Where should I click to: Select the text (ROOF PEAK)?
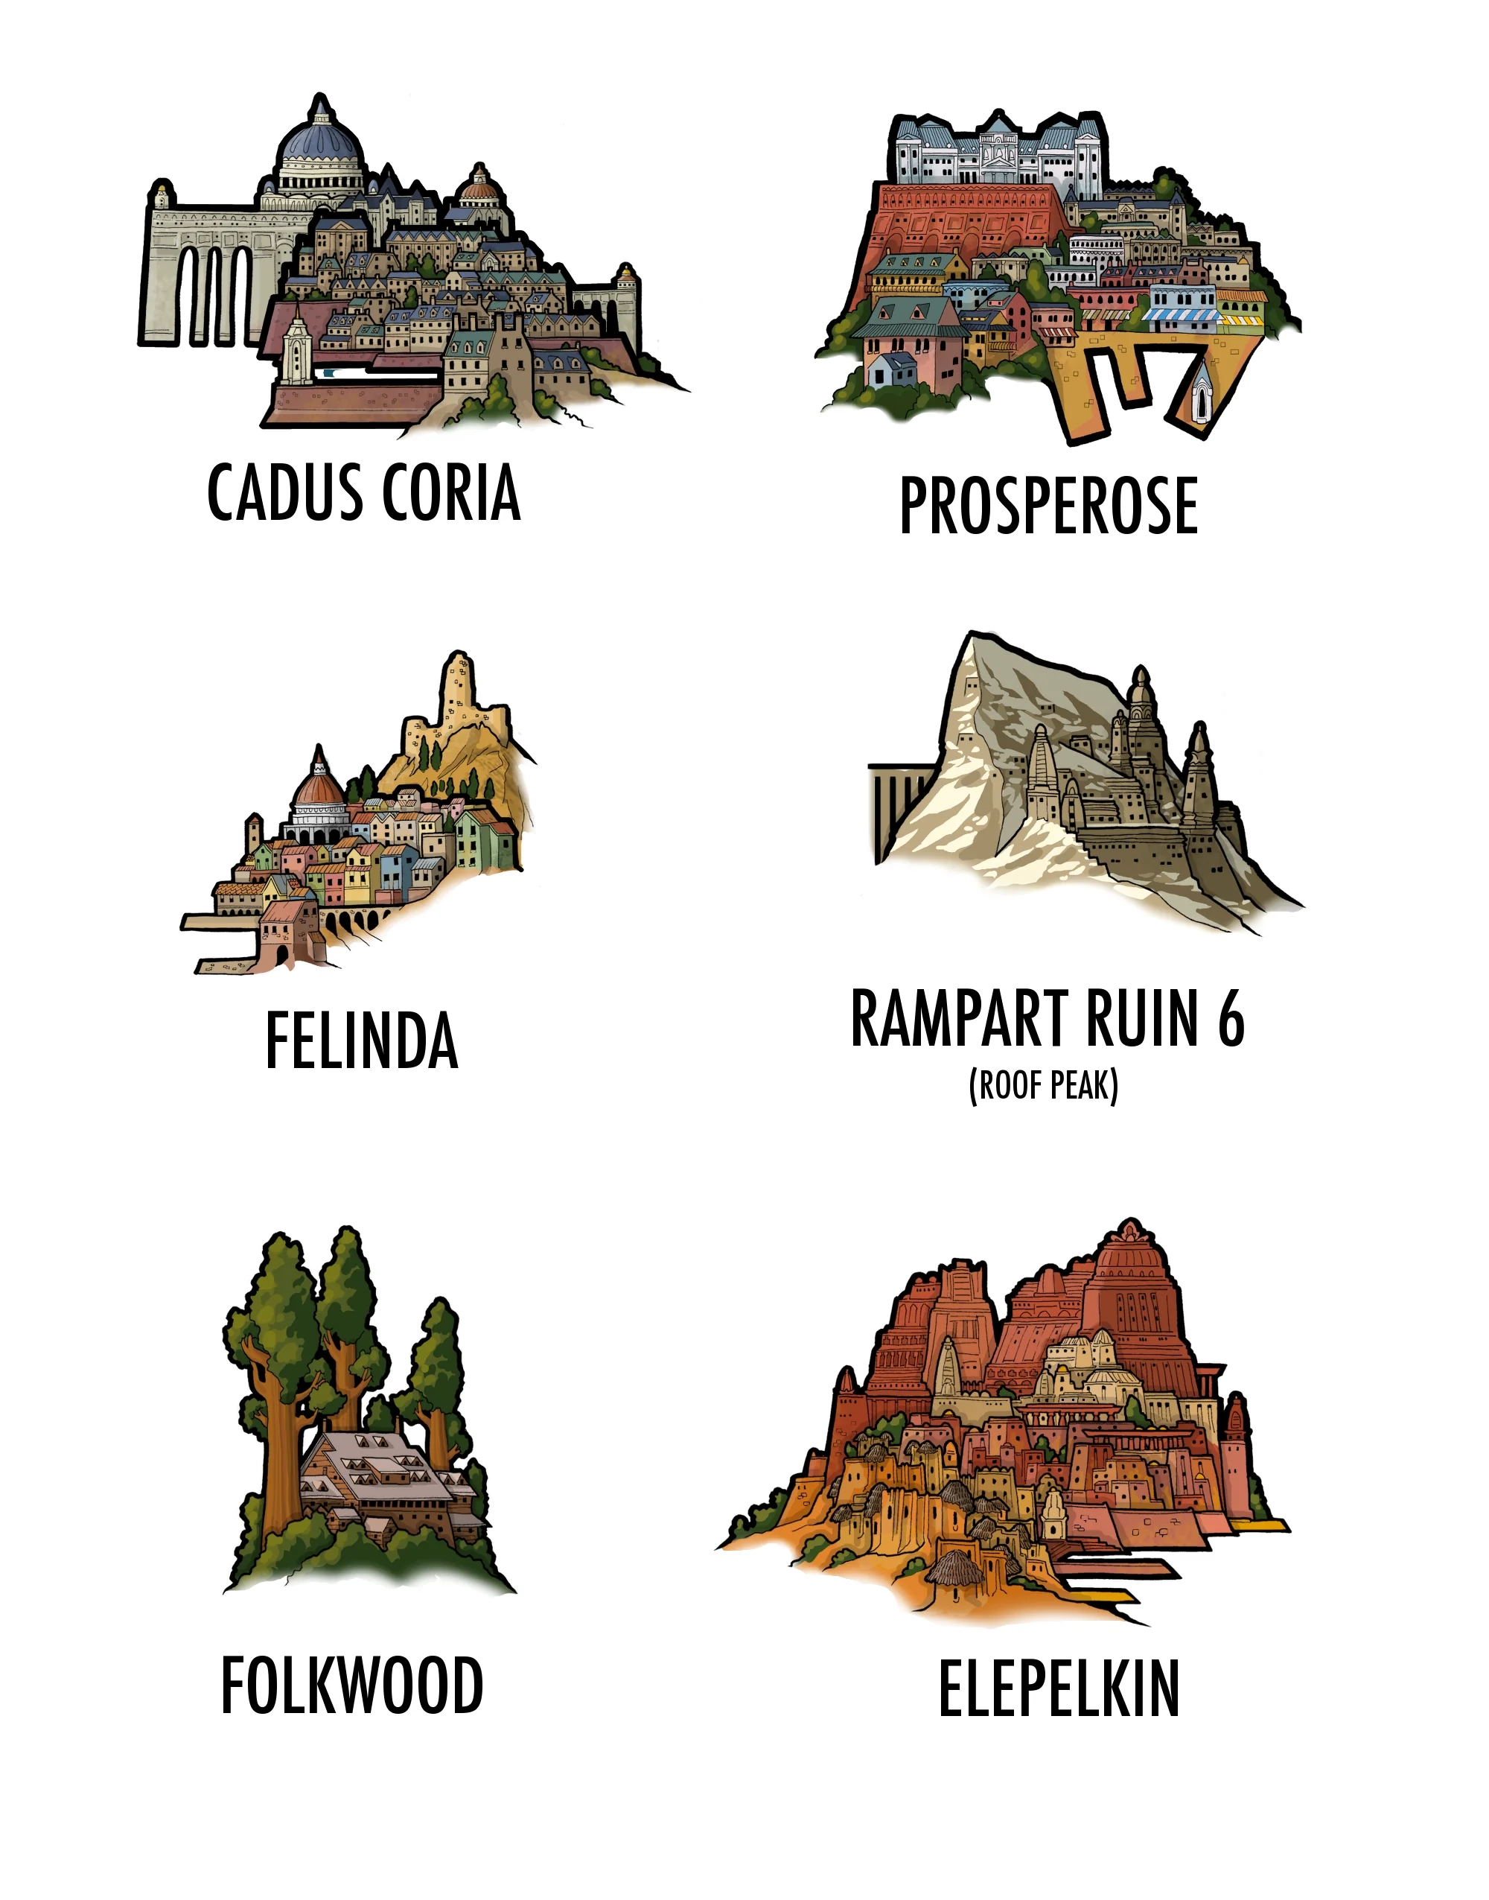pos(1044,1086)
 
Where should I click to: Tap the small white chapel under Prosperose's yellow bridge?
pos(1202,398)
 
